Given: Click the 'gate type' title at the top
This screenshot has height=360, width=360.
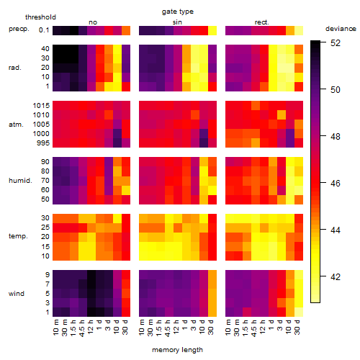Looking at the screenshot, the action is (x=178, y=12).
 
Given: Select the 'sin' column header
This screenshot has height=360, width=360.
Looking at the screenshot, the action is (x=177, y=22).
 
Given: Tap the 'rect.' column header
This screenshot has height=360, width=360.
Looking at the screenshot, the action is (x=262, y=22).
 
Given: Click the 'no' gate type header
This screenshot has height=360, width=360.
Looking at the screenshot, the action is (x=93, y=22).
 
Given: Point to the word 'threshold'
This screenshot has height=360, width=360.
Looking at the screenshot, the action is (x=40, y=17).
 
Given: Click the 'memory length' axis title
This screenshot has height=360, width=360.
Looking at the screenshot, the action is (x=178, y=350).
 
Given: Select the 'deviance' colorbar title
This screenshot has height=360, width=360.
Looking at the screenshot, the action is (x=341, y=29).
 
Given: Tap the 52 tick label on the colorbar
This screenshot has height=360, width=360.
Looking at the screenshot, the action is (x=336, y=43).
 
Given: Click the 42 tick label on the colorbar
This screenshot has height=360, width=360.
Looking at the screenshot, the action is (x=336, y=277).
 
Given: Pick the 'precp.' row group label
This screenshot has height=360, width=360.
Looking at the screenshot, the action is (x=19, y=29).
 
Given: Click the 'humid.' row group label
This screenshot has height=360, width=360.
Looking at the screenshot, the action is (x=20, y=181).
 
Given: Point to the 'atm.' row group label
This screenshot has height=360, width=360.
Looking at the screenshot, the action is (x=16, y=125).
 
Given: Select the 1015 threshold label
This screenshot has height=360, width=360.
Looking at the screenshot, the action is (x=41, y=106).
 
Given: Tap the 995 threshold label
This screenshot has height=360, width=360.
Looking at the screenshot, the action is (x=43, y=143).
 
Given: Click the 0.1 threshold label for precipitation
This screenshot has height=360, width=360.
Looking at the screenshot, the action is (x=44, y=30).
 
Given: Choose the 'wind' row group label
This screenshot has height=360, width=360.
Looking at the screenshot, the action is (x=17, y=294).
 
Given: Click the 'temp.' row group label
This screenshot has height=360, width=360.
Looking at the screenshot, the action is (x=18, y=236).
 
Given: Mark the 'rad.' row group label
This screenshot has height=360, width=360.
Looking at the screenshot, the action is (x=15, y=68).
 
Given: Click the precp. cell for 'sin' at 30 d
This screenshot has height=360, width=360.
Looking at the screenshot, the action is (x=212, y=31).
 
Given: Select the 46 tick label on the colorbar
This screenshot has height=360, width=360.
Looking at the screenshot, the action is (x=336, y=184).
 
